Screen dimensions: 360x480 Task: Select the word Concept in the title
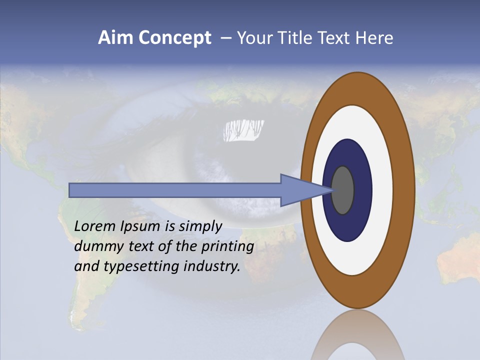click(x=174, y=38)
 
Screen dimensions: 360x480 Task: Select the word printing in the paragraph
click(x=227, y=247)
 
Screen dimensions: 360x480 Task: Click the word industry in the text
click(x=212, y=266)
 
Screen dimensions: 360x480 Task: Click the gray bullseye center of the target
click(x=343, y=190)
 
